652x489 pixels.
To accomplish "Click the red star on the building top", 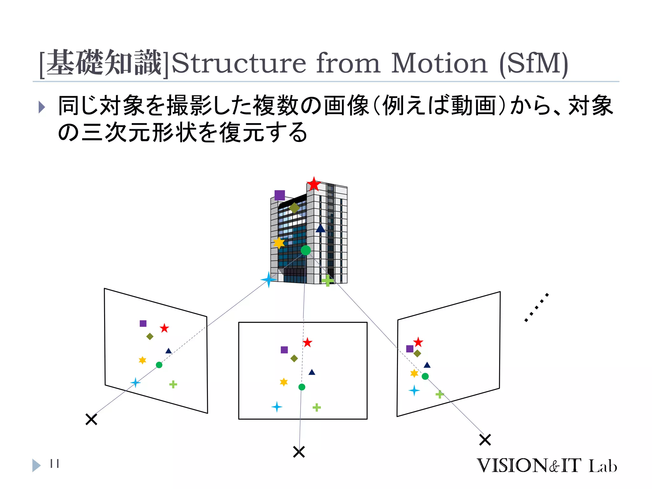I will coord(314,184).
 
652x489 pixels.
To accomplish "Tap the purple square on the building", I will coord(280,195).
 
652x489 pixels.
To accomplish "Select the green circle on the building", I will coord(306,250).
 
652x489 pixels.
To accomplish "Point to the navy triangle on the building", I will coord(320,228).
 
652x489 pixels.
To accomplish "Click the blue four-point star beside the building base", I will coord(269,280).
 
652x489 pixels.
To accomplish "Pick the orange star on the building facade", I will coord(279,243).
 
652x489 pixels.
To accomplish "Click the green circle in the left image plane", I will coord(159,365).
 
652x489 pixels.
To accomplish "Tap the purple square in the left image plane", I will coord(143,323).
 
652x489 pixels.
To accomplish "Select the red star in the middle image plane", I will coord(307,343).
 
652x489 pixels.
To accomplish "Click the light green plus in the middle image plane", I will coord(316,407).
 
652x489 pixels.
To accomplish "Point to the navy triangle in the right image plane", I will coord(427,365).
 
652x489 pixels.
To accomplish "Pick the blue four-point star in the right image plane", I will coord(414,390).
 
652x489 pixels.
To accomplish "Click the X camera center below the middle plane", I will coord(299,452).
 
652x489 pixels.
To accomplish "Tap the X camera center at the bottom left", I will coord(91,419).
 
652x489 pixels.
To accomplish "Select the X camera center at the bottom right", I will coord(485,440).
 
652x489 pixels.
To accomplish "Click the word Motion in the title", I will coord(439,63).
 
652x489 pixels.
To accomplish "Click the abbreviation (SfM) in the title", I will coord(534,64).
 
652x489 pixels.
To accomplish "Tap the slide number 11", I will coord(54,464).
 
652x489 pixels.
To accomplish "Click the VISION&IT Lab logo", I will coord(547,466).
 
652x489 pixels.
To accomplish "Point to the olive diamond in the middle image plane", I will coord(294,358).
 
